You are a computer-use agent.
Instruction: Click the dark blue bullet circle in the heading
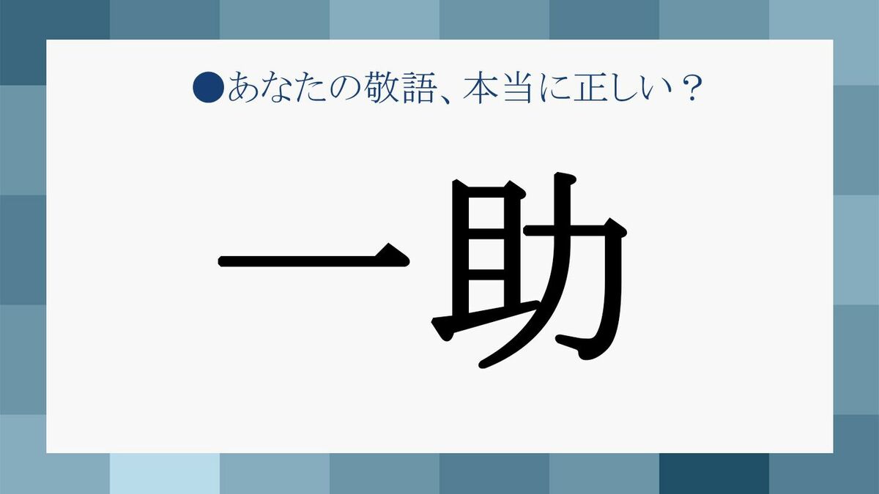pos(208,87)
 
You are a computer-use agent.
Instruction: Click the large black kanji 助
pos(530,271)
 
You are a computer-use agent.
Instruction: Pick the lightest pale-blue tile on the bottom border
pos(165,474)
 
